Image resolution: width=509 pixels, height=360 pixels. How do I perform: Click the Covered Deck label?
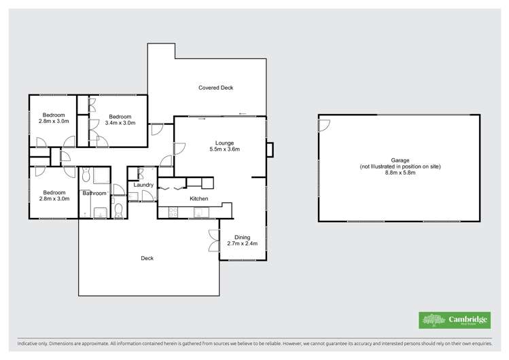[x=216, y=88]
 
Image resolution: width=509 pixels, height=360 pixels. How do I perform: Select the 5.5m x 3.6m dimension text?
[x=225, y=149]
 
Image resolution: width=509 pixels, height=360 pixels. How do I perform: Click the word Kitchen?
[x=198, y=198]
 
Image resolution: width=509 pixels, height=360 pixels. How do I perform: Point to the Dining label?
[x=242, y=237]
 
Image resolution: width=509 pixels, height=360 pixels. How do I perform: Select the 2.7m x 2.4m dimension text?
[x=242, y=243]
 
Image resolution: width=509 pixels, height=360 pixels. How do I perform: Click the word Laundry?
[x=143, y=185]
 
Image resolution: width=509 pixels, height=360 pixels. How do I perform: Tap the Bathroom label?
[x=94, y=194]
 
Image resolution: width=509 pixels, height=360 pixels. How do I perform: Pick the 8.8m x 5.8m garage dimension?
[x=400, y=173]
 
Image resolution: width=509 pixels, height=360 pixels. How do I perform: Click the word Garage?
[x=400, y=160]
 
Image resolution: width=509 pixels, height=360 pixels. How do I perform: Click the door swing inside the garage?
[x=324, y=124]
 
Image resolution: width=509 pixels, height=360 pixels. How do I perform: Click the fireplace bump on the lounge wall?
[x=269, y=149]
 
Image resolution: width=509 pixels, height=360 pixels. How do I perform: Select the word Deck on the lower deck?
[x=147, y=257]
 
